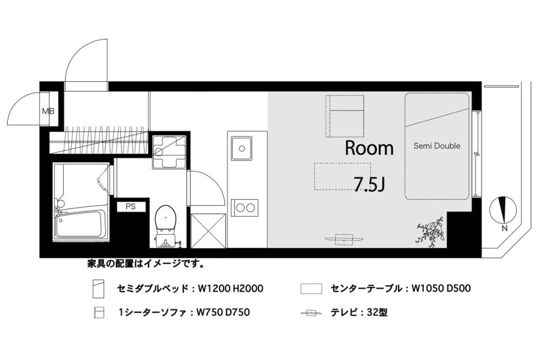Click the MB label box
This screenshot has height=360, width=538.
pyautogui.click(x=48, y=111)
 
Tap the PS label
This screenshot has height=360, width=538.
pyautogui.click(x=131, y=206)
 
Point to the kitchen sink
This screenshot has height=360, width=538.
pyautogui.click(x=242, y=149)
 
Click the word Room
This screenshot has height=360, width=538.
pyautogui.click(x=369, y=149)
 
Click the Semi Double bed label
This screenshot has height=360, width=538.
pyautogui.click(x=437, y=146)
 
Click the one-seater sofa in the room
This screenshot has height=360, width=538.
pyautogui.click(x=346, y=116)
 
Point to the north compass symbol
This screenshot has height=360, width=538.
pyautogui.click(x=503, y=210)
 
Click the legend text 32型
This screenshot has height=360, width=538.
pyautogui.click(x=376, y=312)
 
